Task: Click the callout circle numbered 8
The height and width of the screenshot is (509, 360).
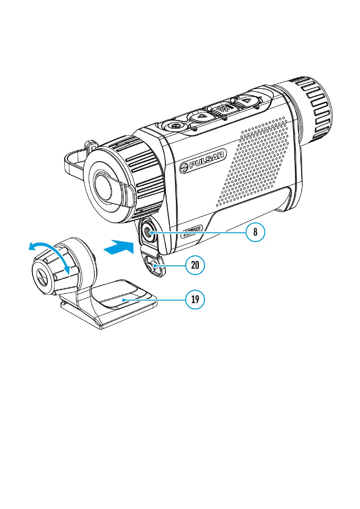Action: click(255, 232)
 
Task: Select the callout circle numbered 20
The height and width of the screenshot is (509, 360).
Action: click(195, 265)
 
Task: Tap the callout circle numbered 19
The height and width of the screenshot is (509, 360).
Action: click(195, 299)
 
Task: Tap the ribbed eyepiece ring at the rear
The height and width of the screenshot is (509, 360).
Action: click(314, 109)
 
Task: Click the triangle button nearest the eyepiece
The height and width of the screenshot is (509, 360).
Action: click(247, 100)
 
